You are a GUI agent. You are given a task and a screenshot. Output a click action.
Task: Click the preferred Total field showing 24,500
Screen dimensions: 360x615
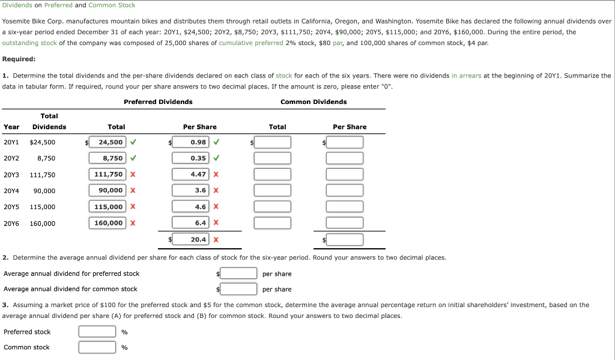107,142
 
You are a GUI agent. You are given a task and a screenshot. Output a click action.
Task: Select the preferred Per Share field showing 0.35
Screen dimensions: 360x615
191,158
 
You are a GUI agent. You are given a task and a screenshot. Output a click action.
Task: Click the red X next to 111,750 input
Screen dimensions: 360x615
132,174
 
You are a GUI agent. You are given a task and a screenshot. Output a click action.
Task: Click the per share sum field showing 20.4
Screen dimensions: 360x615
191,239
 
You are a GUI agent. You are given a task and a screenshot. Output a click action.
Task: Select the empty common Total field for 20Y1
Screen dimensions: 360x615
273,142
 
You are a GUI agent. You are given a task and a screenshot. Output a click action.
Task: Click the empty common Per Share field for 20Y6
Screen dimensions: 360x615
345,223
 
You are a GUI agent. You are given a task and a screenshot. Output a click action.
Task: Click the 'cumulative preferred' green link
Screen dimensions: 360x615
250,43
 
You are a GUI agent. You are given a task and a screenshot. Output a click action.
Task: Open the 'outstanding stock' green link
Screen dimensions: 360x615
29,43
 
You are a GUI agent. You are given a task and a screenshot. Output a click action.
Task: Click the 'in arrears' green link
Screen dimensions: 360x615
466,76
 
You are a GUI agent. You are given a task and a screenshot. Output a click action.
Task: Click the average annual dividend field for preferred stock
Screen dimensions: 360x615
239,273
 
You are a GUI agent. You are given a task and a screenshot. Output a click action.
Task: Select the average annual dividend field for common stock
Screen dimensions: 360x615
239,289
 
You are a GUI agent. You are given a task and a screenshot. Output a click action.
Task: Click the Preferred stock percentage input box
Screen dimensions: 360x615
97,332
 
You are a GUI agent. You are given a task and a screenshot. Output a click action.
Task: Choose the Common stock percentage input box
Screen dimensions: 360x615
97,347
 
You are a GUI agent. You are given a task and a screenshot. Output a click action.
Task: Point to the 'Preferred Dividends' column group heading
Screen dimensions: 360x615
158,102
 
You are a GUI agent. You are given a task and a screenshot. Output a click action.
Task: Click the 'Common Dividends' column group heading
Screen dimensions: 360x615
314,102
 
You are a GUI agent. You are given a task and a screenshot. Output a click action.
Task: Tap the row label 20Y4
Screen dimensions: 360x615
11,191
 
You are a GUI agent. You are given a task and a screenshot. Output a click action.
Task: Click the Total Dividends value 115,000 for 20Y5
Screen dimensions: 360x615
42,207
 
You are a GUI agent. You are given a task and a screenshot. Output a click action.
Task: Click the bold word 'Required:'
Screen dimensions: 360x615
19,59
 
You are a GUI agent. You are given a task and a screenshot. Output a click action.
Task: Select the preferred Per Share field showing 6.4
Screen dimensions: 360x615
191,223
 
